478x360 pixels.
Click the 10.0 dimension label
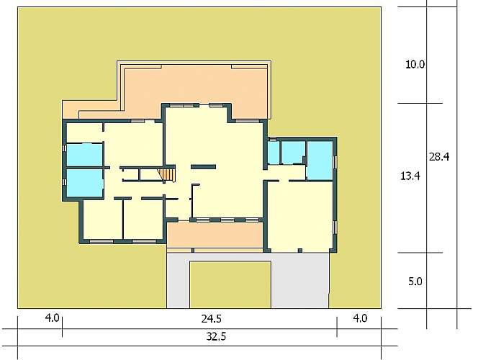click(415, 65)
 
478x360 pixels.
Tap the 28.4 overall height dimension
click(439, 157)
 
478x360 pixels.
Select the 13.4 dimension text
click(410, 176)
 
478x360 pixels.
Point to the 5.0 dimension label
click(415, 282)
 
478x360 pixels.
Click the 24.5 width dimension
click(211, 319)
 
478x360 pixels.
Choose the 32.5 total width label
click(216, 336)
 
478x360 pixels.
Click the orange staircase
click(167, 175)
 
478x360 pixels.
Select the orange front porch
click(215, 235)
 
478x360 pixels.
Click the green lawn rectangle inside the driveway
click(230, 284)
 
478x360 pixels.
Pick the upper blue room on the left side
click(84, 155)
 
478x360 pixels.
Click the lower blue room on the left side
click(84, 183)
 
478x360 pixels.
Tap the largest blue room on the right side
click(320, 161)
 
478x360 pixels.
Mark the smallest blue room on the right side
click(274, 153)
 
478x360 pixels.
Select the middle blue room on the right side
click(293, 153)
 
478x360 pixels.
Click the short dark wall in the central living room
click(203, 167)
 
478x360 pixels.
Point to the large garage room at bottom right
click(300, 215)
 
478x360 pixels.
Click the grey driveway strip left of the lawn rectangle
click(179, 281)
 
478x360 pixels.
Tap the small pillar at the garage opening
click(300, 251)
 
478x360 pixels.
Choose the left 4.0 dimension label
click(52, 318)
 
